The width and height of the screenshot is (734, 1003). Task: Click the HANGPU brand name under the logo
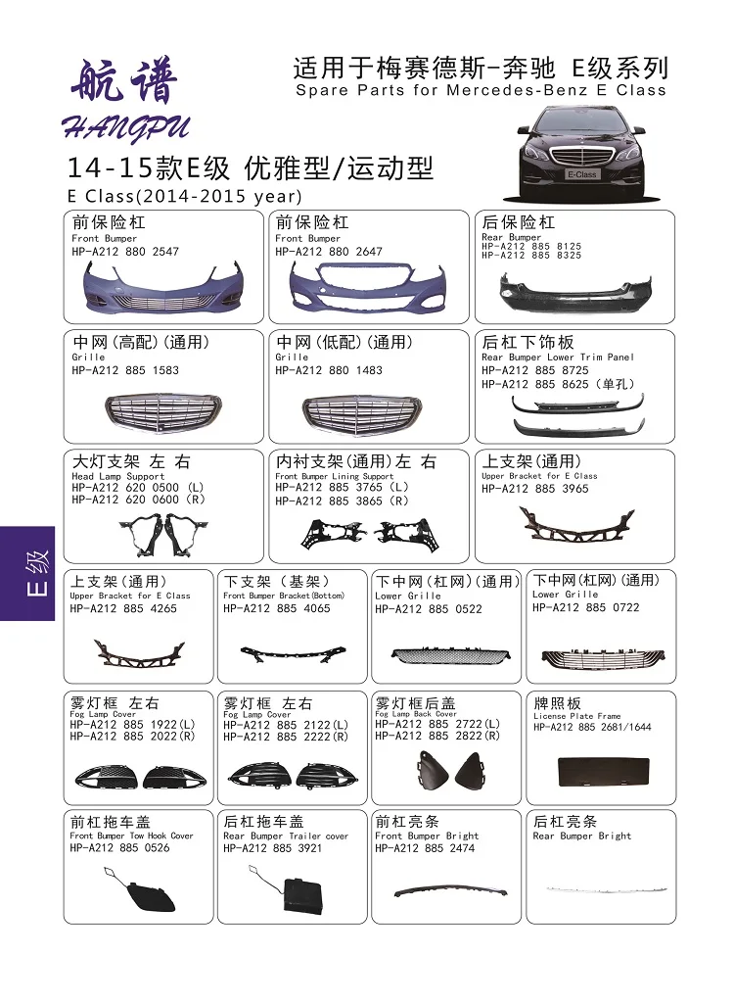[x=125, y=126]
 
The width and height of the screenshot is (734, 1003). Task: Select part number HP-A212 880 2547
[x=125, y=252]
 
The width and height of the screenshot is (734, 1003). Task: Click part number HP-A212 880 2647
[x=329, y=252]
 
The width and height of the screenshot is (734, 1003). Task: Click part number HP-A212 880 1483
[x=329, y=370]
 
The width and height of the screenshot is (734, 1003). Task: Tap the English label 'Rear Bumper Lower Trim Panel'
[x=557, y=358]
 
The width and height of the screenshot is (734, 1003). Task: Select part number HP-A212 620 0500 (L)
[x=137, y=487]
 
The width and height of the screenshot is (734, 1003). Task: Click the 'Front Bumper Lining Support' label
[x=334, y=476]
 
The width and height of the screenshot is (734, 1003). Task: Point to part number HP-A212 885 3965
[x=534, y=489]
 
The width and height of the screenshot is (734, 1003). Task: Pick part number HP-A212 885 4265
[x=123, y=608]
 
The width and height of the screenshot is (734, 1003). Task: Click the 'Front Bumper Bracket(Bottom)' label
[x=284, y=596]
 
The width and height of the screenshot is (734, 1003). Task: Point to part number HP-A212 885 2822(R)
[x=436, y=736]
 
